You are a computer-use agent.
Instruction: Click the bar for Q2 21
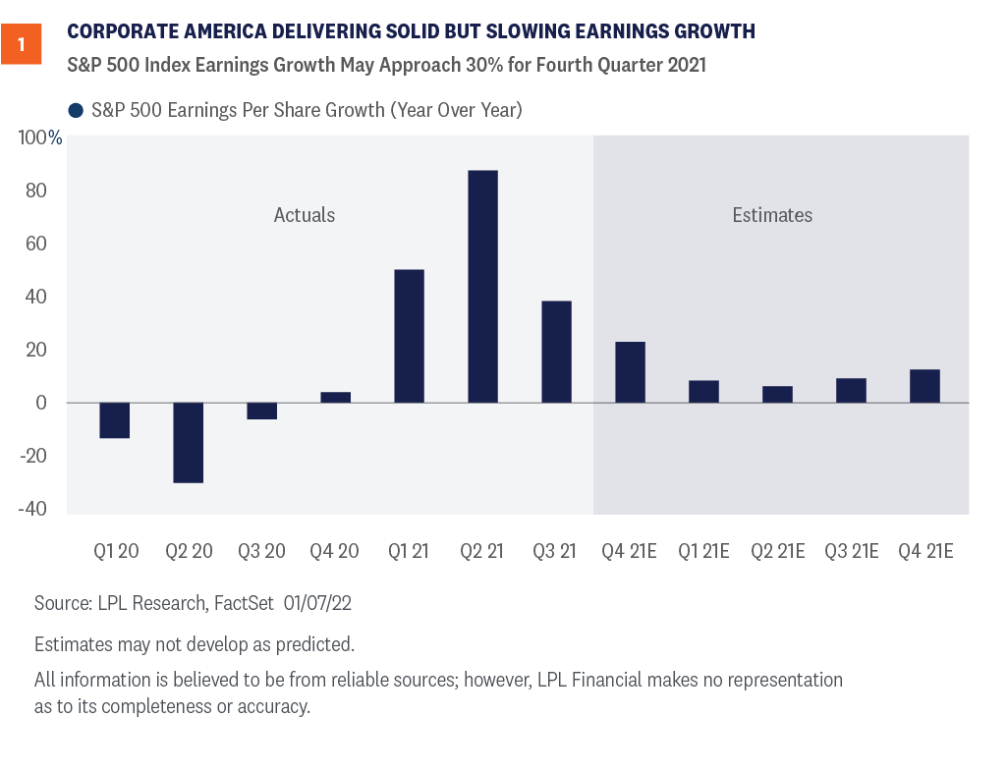482,287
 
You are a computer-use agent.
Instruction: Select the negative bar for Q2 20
189,442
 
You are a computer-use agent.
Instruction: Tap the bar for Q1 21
409,336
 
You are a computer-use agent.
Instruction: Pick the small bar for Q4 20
335,397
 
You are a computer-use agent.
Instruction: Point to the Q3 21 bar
556,352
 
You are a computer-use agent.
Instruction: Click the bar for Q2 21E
777,394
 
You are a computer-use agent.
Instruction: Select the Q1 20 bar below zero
115,420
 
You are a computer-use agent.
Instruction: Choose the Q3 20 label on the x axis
261,551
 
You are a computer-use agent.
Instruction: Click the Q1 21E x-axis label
703,551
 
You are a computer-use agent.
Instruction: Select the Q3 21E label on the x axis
851,551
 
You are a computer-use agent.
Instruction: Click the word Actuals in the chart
305,215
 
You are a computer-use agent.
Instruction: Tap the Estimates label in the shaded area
772,215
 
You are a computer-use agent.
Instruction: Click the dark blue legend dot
76,110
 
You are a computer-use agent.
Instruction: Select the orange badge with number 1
21,45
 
